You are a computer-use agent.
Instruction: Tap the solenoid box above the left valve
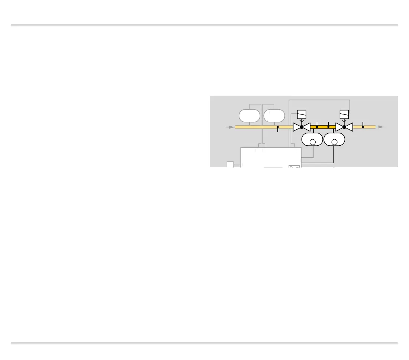302,114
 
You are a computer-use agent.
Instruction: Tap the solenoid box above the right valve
345,114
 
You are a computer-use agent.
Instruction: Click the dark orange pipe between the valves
323,127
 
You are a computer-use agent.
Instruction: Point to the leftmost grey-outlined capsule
249,116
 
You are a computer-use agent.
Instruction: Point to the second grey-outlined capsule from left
274,116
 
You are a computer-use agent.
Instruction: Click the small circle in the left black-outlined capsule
313,142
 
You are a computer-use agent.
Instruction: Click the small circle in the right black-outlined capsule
334,142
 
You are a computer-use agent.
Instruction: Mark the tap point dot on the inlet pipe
278,127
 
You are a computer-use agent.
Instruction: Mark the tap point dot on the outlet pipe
363,127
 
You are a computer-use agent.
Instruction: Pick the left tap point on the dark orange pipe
317,127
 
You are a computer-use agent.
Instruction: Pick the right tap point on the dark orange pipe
328,127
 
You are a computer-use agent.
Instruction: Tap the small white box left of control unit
230,165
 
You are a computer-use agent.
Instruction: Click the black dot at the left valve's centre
302,127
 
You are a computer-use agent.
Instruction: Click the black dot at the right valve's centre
344,127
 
